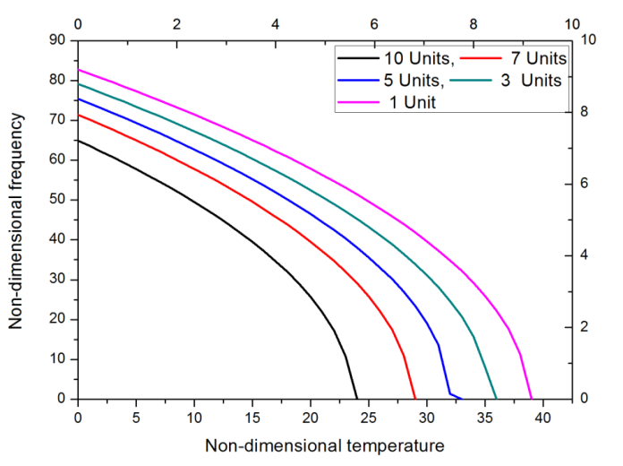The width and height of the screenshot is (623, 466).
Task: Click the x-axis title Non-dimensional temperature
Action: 324,445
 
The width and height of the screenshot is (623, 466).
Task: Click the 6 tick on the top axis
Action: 374,23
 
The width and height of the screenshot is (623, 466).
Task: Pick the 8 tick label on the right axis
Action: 585,112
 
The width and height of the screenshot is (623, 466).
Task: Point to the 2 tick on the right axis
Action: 585,327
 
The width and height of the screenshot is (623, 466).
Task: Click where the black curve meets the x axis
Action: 357,398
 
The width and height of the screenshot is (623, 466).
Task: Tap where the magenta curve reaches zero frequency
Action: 532,398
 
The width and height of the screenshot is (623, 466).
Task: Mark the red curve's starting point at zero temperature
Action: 78,115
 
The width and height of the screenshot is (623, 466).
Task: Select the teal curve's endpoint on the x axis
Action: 497,398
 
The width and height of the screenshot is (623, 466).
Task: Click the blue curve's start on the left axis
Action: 78,99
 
